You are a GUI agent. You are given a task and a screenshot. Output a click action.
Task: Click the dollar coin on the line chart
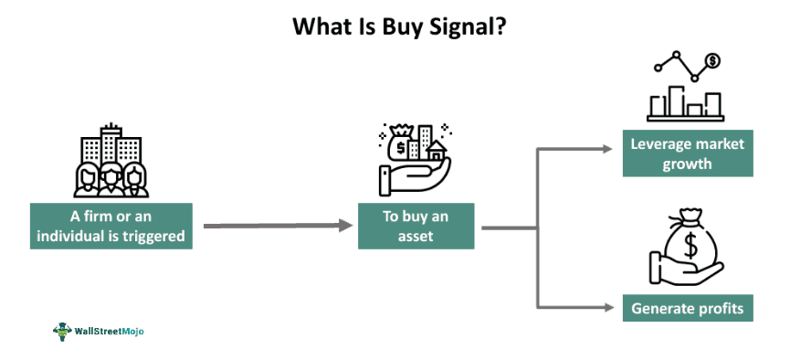pyautogui.click(x=712, y=61)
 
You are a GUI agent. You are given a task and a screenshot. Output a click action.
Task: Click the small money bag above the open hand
pyautogui.click(x=402, y=144)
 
